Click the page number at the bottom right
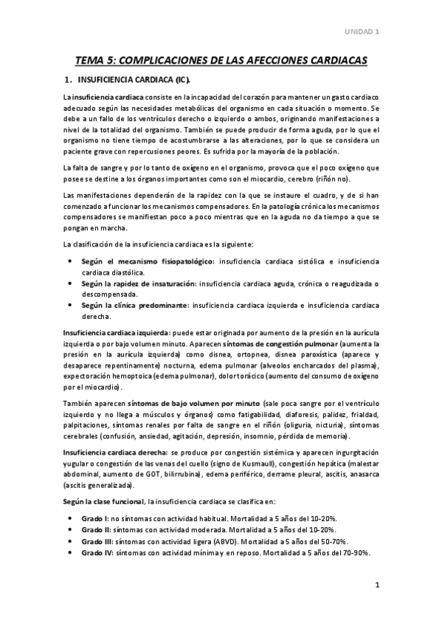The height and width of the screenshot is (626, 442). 376,586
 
